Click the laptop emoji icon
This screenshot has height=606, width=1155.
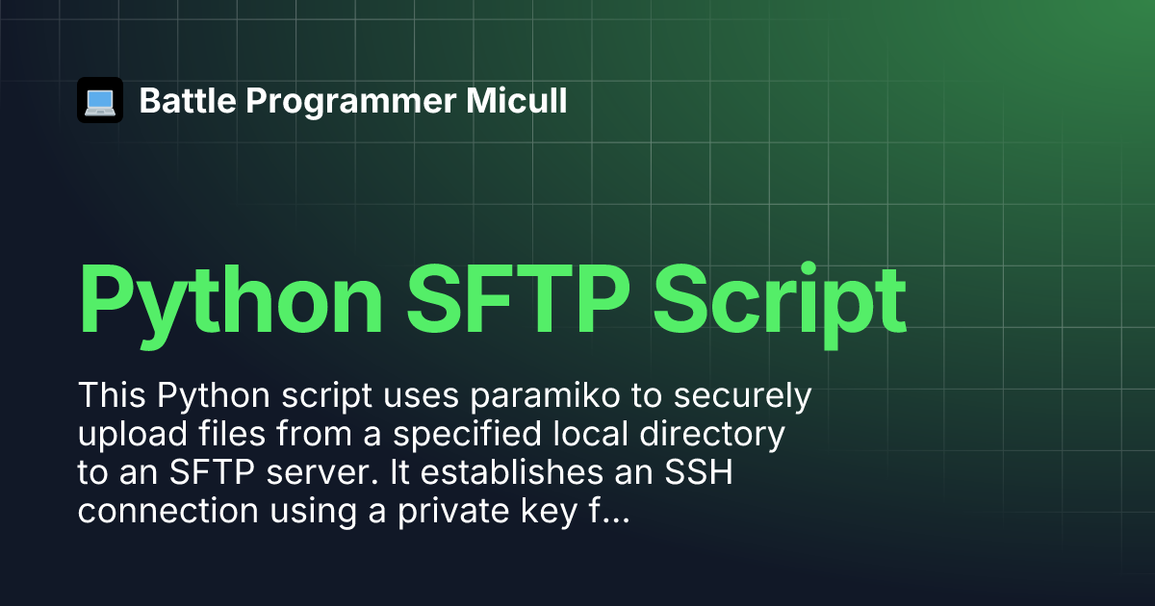100,100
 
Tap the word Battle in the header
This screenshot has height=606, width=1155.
188,100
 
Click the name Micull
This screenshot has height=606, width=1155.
517,100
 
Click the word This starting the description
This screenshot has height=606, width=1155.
112,395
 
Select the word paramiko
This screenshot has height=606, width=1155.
545,396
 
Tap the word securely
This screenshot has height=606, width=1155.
743,396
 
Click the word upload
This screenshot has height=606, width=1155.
133,435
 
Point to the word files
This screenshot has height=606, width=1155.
232,434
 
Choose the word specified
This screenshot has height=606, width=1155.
467,435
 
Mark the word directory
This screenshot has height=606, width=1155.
712,435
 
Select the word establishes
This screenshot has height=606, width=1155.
511,471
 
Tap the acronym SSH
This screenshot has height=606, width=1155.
699,471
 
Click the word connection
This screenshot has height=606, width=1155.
168,511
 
